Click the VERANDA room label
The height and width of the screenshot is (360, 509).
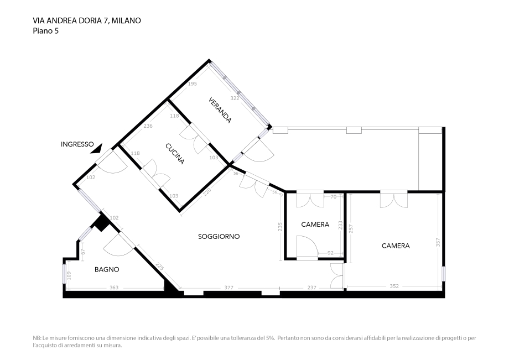point(220,111)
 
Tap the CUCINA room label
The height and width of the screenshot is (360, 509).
point(174,154)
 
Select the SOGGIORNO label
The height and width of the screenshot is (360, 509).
point(219,236)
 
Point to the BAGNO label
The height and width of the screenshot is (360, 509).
point(107,270)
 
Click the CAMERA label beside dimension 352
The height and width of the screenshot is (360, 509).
point(396,246)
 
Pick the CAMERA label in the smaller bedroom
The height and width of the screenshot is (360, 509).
point(315,225)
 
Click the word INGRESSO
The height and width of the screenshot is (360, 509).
point(77,144)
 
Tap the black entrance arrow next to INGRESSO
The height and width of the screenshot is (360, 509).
point(98,147)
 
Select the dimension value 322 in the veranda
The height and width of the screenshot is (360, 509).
point(235,98)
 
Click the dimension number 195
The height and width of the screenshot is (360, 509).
point(192,84)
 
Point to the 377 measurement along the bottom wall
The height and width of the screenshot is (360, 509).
point(228,288)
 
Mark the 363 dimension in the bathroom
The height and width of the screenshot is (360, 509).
point(114,288)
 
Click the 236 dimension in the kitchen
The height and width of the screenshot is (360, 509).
point(148,126)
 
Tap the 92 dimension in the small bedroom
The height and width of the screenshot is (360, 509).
point(331,254)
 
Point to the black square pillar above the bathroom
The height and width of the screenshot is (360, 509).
point(101,223)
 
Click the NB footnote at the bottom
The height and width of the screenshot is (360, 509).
point(254,341)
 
